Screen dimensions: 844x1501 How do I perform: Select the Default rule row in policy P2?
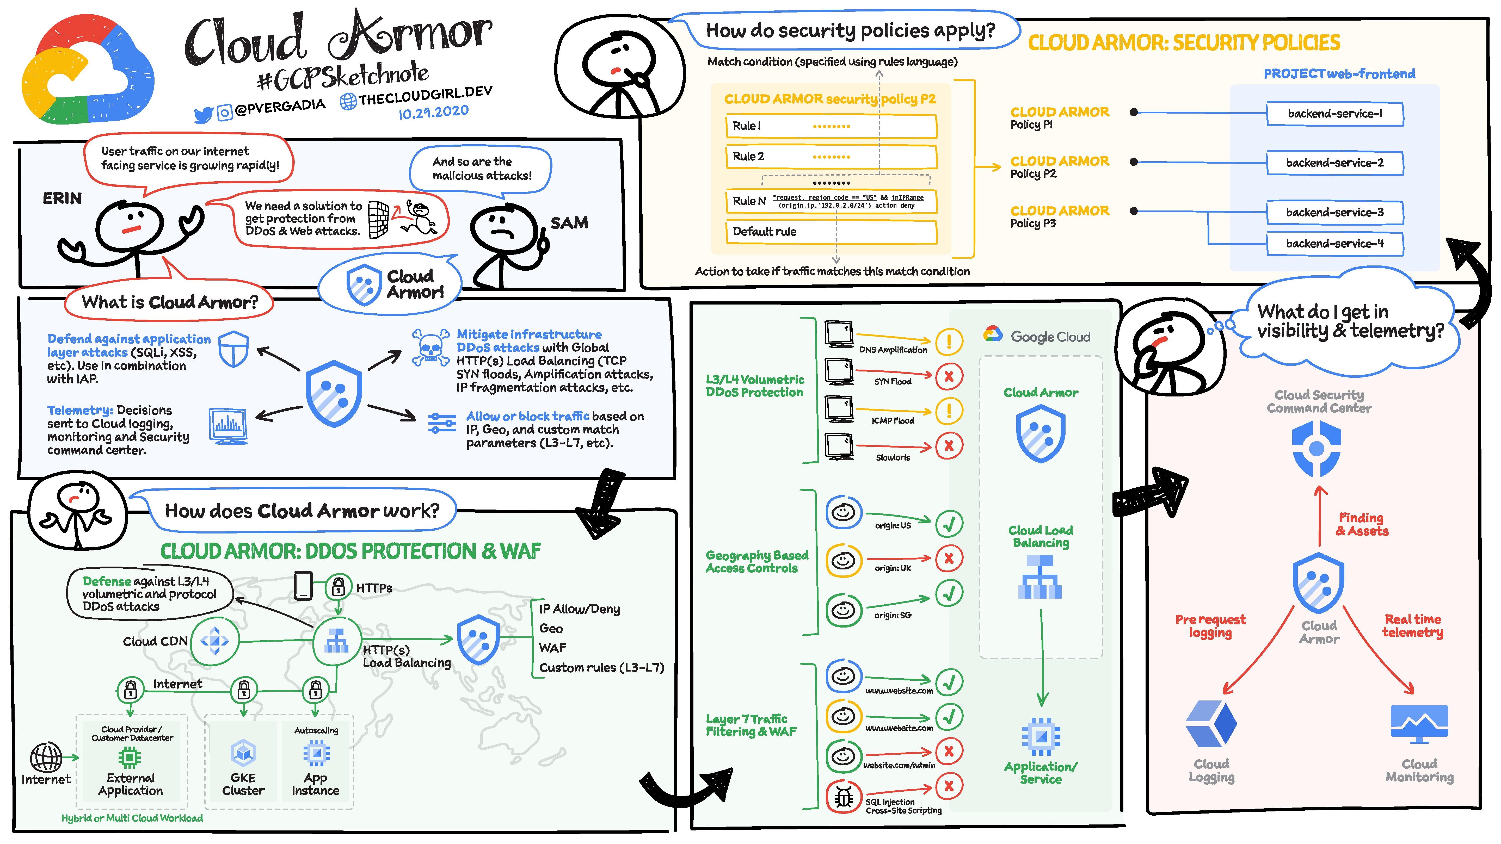click(x=830, y=232)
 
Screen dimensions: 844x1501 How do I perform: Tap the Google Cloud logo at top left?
click(x=87, y=70)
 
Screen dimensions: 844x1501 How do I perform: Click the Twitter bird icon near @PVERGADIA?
click(x=203, y=115)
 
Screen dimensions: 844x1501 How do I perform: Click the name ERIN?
click(x=62, y=198)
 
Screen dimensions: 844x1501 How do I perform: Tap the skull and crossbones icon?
click(x=430, y=348)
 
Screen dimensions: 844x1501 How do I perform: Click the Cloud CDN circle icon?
click(x=214, y=641)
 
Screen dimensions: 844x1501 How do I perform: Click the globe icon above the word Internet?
click(x=46, y=757)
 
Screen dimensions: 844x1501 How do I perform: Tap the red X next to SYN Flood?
click(x=949, y=376)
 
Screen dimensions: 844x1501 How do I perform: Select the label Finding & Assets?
click(x=1362, y=524)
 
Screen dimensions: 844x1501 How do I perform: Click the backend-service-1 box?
click(x=1334, y=114)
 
